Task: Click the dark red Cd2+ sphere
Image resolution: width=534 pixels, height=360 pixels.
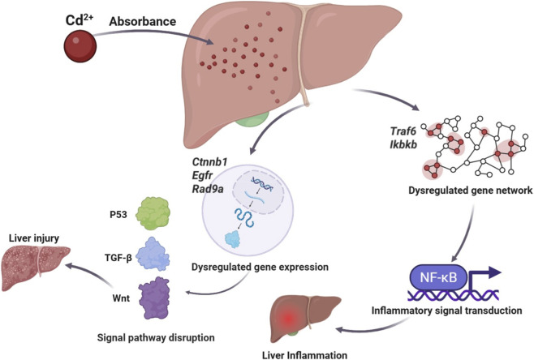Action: (80, 46)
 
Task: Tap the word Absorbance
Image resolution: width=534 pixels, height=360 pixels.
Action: (142, 21)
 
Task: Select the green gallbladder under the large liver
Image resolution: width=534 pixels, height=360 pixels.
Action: (253, 118)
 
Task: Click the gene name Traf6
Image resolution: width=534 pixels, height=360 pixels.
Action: (403, 131)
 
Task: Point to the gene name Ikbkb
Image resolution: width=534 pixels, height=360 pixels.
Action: (403, 144)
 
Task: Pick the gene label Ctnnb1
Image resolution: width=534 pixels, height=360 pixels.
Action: (209, 161)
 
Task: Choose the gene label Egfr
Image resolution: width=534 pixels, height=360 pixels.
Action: (202, 175)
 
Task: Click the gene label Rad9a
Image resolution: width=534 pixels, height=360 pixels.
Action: (208, 189)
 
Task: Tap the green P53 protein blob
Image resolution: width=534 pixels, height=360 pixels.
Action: (153, 213)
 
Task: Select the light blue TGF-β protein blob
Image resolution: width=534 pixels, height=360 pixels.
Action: (153, 254)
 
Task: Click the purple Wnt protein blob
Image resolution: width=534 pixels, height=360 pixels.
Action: (154, 298)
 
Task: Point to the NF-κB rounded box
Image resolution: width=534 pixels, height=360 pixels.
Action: (438, 277)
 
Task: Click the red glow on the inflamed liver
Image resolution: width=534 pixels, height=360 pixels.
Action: (288, 319)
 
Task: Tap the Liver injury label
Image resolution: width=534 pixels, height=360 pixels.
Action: (34, 238)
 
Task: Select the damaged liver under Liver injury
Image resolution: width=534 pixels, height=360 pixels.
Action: (36, 268)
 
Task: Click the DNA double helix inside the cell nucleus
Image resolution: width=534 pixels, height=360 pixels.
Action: (261, 184)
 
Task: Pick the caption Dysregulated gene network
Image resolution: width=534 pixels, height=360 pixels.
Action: (471, 191)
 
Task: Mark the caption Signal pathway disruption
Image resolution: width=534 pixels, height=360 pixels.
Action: (156, 337)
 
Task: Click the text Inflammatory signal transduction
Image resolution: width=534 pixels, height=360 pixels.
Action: (446, 311)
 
